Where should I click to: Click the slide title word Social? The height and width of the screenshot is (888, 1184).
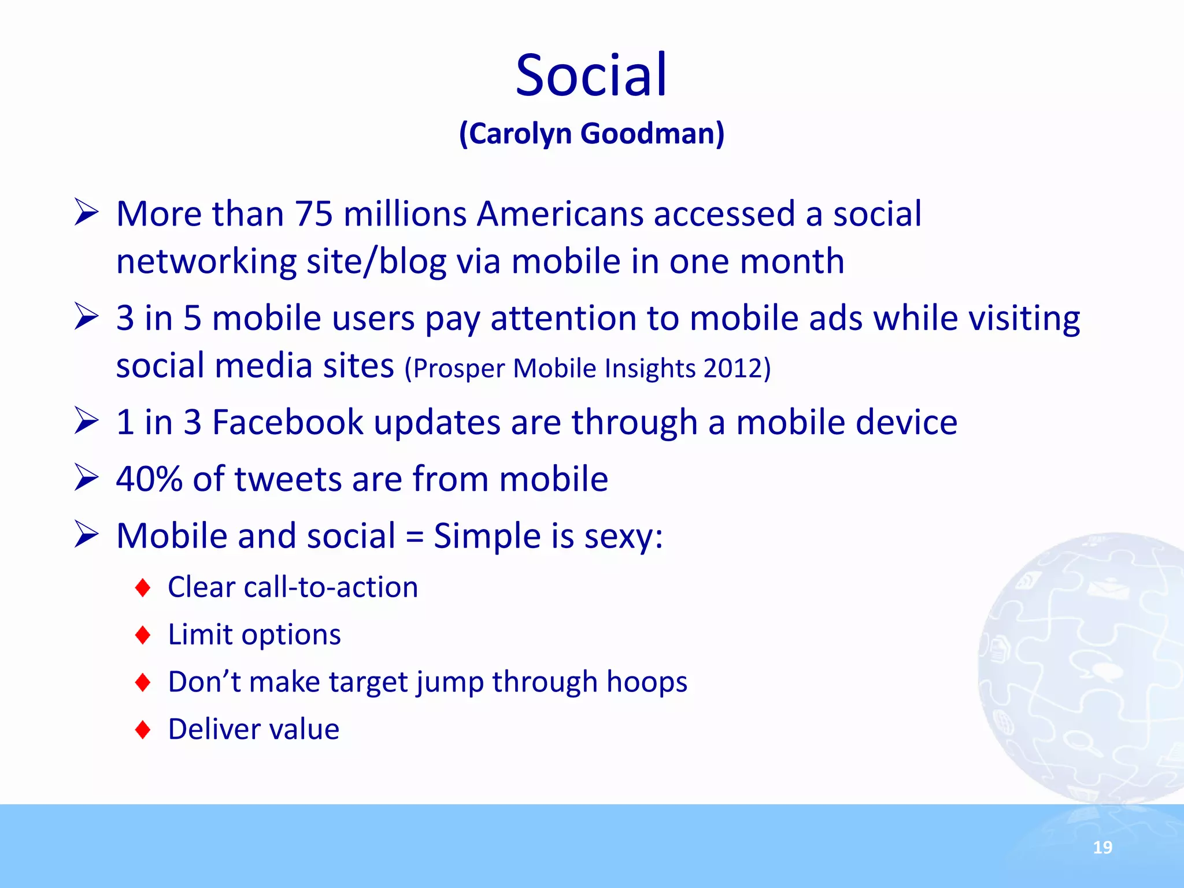coord(591,75)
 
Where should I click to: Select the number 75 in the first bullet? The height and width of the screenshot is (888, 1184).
coord(314,214)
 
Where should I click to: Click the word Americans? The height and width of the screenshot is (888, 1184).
coord(560,214)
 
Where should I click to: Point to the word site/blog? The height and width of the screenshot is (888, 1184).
coord(376,261)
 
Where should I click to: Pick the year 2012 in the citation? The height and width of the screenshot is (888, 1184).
coord(733,368)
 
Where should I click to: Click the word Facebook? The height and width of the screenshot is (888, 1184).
coord(287,422)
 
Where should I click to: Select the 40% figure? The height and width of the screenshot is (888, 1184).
coord(149,479)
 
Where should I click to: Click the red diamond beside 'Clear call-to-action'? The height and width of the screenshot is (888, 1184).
coord(143,588)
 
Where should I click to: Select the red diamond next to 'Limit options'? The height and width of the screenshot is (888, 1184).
coord(143,635)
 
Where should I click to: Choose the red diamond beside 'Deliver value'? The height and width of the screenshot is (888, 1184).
coord(143,730)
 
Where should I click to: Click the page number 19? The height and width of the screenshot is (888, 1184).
coord(1102,848)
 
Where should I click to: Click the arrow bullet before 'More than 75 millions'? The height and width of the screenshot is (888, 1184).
coord(87,213)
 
